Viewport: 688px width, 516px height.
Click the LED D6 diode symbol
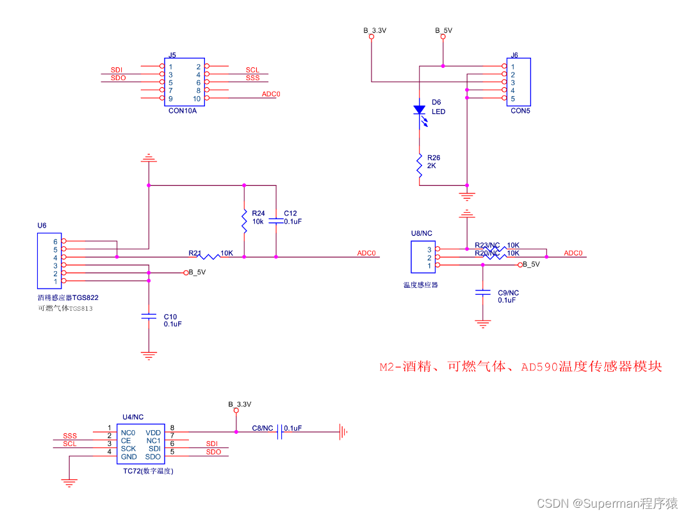[x=419, y=110]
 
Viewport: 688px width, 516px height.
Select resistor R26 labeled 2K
[x=419, y=165]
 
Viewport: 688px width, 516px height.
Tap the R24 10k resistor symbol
[x=244, y=221]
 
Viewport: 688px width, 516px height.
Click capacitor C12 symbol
[x=276, y=220]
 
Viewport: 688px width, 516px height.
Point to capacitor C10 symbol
[x=149, y=316]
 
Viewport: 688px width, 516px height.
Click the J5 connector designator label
[x=172, y=56]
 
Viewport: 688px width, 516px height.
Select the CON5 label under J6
[x=520, y=110]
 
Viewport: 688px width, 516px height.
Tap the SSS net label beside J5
[x=252, y=78]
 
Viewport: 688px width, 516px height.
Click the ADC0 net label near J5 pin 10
[x=271, y=94]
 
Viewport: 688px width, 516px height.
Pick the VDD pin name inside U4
[x=153, y=433]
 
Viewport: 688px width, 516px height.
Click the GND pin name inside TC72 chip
[x=129, y=457]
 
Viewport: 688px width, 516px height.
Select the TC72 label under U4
[x=148, y=470]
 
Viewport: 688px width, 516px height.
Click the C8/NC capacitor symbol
[x=280, y=434]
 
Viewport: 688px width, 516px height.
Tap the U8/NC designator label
[x=422, y=233]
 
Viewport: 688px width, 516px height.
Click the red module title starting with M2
[x=520, y=367]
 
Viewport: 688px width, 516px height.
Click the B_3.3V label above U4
[x=240, y=404]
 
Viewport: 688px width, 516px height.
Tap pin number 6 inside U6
[x=55, y=242]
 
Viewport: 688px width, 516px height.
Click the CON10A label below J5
[x=183, y=110]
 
